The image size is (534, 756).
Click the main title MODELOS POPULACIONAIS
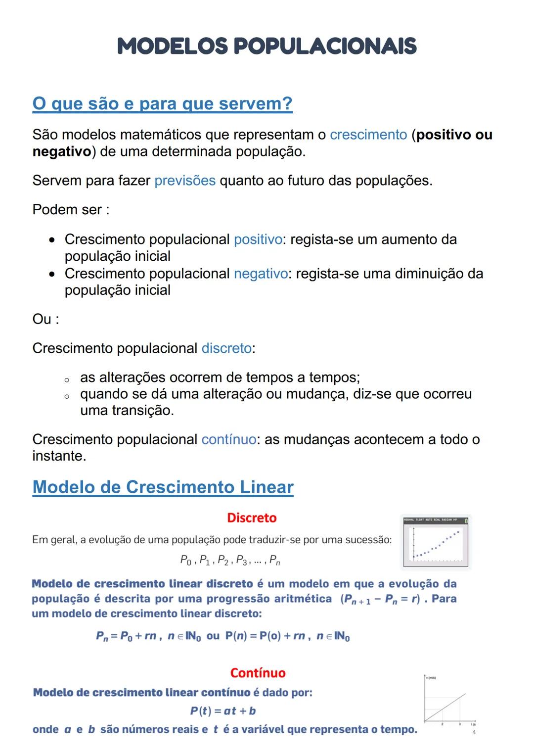(x=267, y=47)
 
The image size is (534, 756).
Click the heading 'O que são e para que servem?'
(x=162, y=104)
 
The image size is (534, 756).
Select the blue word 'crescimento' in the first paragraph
(x=368, y=135)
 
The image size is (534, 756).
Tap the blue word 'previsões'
(x=185, y=181)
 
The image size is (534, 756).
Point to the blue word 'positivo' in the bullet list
(x=258, y=239)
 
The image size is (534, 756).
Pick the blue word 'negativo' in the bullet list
(x=260, y=274)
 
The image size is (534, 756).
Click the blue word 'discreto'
(x=226, y=348)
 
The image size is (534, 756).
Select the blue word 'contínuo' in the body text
(x=228, y=439)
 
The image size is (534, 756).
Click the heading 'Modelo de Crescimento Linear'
(x=163, y=487)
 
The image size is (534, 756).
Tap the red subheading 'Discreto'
(x=252, y=518)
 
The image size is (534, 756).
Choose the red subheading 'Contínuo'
(x=258, y=673)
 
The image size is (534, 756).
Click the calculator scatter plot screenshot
(x=435, y=542)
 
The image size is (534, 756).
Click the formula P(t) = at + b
(x=223, y=711)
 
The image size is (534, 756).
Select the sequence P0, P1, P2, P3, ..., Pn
(x=230, y=561)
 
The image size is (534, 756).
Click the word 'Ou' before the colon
(x=42, y=319)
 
